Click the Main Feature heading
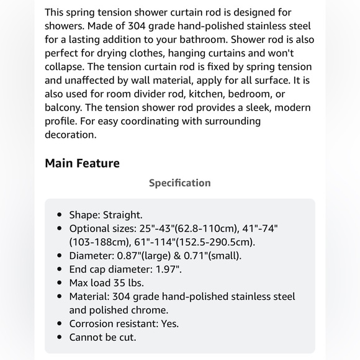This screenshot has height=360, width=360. coord(82,163)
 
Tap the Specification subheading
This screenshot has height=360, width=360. coord(179,182)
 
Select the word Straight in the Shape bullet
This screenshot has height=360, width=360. coord(125,214)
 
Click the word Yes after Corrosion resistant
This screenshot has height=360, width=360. coord(168,323)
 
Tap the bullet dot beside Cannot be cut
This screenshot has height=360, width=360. coord(60,338)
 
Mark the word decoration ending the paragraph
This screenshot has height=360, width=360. coord(71,135)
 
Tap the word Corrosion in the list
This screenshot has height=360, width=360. coord(93,323)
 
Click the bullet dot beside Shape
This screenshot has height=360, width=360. coord(60,215)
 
